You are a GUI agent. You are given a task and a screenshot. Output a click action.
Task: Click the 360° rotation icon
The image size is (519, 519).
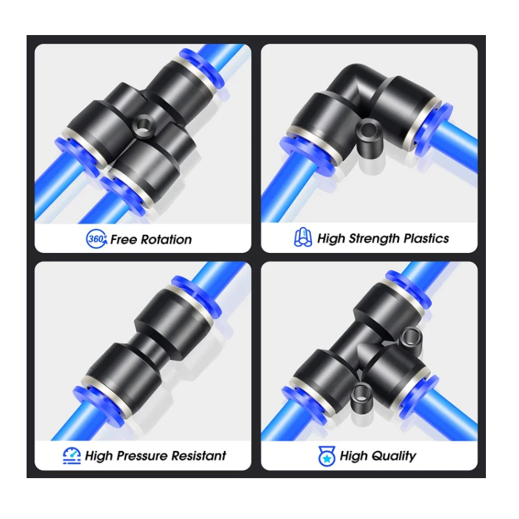(x=96, y=239)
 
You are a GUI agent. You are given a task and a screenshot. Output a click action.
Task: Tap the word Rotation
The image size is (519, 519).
(x=166, y=239)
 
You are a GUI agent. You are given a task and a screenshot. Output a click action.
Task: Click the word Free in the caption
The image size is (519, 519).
(x=124, y=239)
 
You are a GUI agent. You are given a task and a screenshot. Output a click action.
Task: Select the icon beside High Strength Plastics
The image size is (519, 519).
(x=303, y=237)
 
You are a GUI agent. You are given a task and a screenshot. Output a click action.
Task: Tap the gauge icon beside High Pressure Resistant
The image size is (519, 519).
(x=72, y=456)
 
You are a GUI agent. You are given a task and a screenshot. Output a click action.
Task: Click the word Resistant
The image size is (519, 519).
(x=199, y=456)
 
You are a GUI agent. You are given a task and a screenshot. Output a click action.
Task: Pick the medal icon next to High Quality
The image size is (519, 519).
(x=326, y=456)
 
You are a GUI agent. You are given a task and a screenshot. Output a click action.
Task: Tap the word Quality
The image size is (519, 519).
(x=394, y=457)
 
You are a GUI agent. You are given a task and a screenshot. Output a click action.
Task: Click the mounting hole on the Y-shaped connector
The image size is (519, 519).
(x=143, y=125)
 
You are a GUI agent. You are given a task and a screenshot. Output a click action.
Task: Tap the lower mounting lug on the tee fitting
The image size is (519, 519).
(x=361, y=396)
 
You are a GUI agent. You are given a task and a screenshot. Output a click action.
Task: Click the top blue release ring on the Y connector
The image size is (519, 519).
(x=202, y=67)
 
